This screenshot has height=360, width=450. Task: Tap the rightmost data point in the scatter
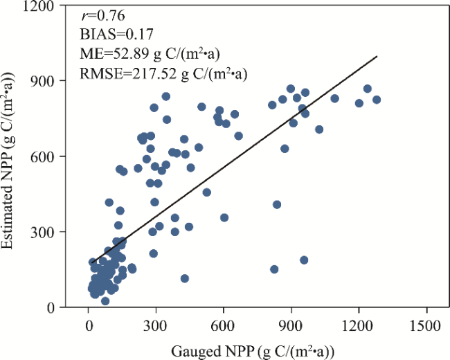click(377, 100)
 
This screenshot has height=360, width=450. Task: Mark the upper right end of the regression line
click(377, 57)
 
